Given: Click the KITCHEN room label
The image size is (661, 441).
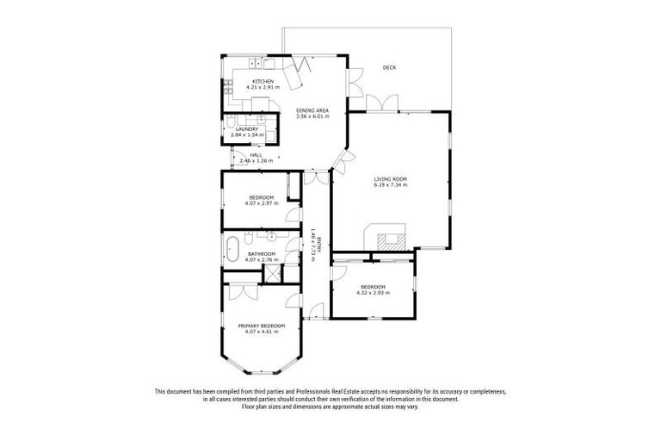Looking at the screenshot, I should coord(263,81).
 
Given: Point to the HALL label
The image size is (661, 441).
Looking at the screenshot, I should coord(256,155).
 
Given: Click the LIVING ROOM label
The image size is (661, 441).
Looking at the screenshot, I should coord(390,179).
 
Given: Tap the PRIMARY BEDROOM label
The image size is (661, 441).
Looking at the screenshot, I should coord(261,326).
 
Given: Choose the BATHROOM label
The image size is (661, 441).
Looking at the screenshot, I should coord(261,254).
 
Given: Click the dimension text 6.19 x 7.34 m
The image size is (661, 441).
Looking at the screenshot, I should coord(390,185).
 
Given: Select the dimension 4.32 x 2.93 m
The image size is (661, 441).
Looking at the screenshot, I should coord(373,292).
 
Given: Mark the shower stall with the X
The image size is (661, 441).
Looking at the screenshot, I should coord(273,274).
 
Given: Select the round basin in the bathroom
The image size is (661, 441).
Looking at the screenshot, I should coord(272,234).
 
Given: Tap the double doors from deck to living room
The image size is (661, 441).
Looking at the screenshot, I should coord(379,104).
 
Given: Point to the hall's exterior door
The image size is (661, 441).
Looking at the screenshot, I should coord(233,157).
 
